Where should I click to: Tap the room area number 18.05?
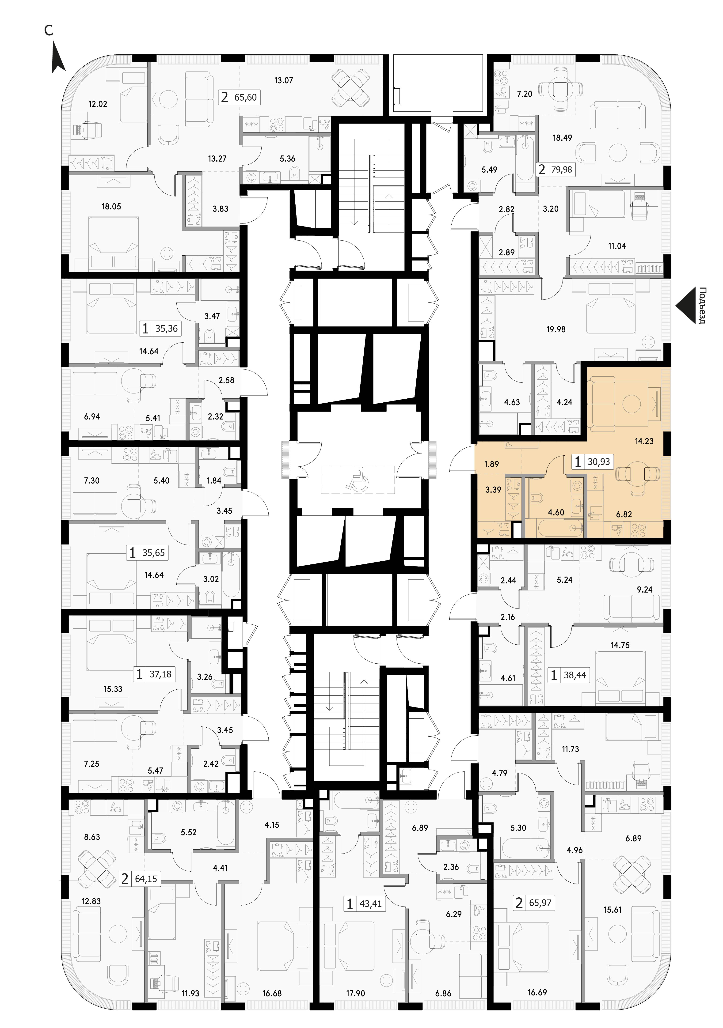pyautogui.click(x=111, y=206)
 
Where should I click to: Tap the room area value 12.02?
pyautogui.click(x=98, y=104)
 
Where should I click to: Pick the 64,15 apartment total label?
pyautogui.click(x=146, y=879)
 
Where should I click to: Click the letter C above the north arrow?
pyautogui.click(x=48, y=30)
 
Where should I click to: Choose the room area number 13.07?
pyautogui.click(x=284, y=81)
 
